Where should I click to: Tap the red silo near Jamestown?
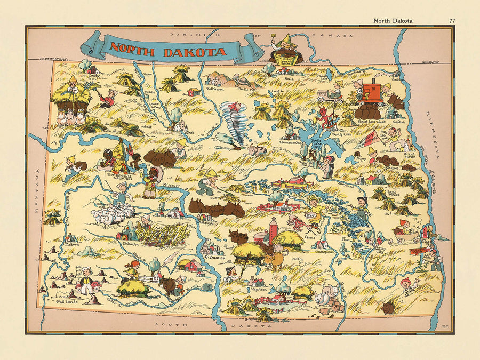(274, 230)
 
